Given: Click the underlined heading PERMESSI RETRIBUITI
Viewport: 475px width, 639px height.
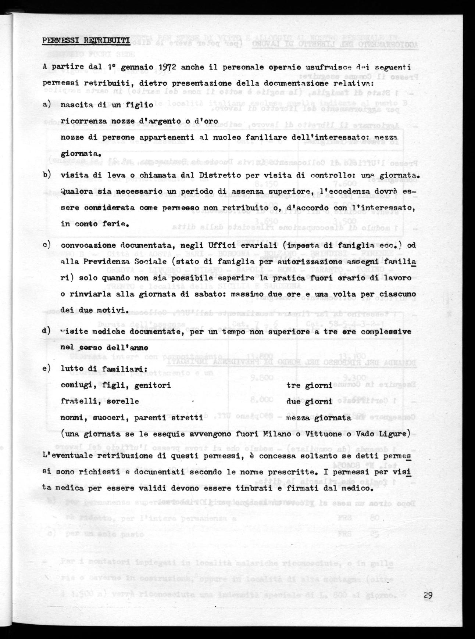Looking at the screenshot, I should coord(86,41).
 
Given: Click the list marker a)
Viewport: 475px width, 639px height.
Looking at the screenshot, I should coord(47,105).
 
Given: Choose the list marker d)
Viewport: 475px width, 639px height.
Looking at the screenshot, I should coord(47,331).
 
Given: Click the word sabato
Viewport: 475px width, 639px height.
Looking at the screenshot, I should coord(204,295).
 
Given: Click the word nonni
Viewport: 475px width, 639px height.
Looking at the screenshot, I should coord(71,418).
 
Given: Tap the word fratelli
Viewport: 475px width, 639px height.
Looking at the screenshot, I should coord(76,402).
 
